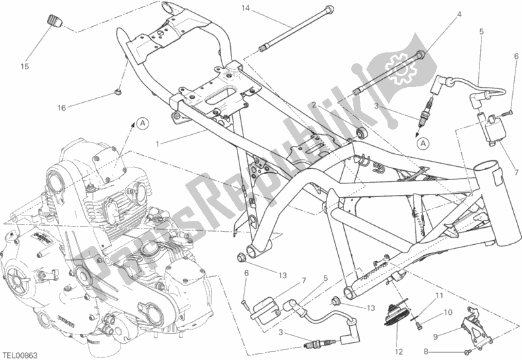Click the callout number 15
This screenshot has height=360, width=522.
(x=25, y=66)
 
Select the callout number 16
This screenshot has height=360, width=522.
(x=61, y=107)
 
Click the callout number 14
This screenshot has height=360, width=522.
(x=245, y=8)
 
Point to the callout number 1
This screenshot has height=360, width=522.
(x=158, y=144)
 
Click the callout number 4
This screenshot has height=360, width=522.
(x=459, y=14)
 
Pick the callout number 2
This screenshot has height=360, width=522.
(x=313, y=105)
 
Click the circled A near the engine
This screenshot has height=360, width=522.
(x=143, y=123)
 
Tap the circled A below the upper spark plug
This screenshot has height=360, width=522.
(x=423, y=143)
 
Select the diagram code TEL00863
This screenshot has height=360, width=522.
(x=20, y=355)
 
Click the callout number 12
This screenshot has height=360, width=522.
(x=399, y=351)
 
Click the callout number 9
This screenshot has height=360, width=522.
(x=436, y=336)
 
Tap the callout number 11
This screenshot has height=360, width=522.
(x=440, y=295)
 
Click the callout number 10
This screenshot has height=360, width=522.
(x=448, y=312)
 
